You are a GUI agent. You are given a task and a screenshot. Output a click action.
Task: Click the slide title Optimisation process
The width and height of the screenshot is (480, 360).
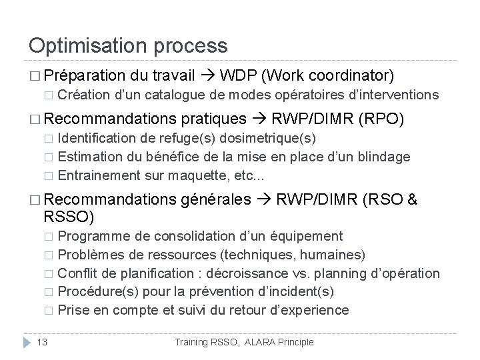click(x=128, y=45)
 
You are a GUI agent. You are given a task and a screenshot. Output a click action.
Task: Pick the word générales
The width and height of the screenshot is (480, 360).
click(x=215, y=199)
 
